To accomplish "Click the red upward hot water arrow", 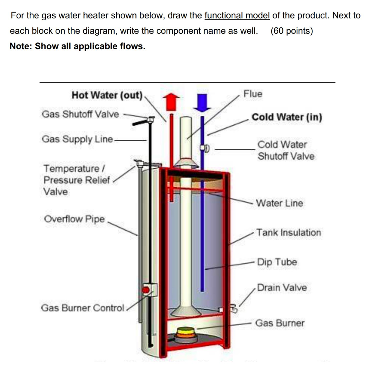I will [x=171, y=101].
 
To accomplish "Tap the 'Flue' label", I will [x=253, y=94].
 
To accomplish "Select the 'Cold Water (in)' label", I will [x=287, y=117].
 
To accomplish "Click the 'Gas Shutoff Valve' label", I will [x=80, y=114].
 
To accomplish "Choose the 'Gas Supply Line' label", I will [x=77, y=139].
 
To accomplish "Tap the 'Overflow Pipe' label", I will [x=74, y=219].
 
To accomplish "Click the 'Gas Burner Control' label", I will [x=82, y=308].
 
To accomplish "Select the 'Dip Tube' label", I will [x=277, y=262].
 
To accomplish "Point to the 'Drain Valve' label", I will [x=282, y=288].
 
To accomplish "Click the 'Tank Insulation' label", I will [x=289, y=233].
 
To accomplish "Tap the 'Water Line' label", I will [x=279, y=203].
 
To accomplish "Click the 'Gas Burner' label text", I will [x=280, y=323].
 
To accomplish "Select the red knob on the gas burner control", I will [x=146, y=290].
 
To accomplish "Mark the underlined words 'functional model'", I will [x=237, y=16].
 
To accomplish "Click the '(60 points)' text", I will [x=291, y=31].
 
